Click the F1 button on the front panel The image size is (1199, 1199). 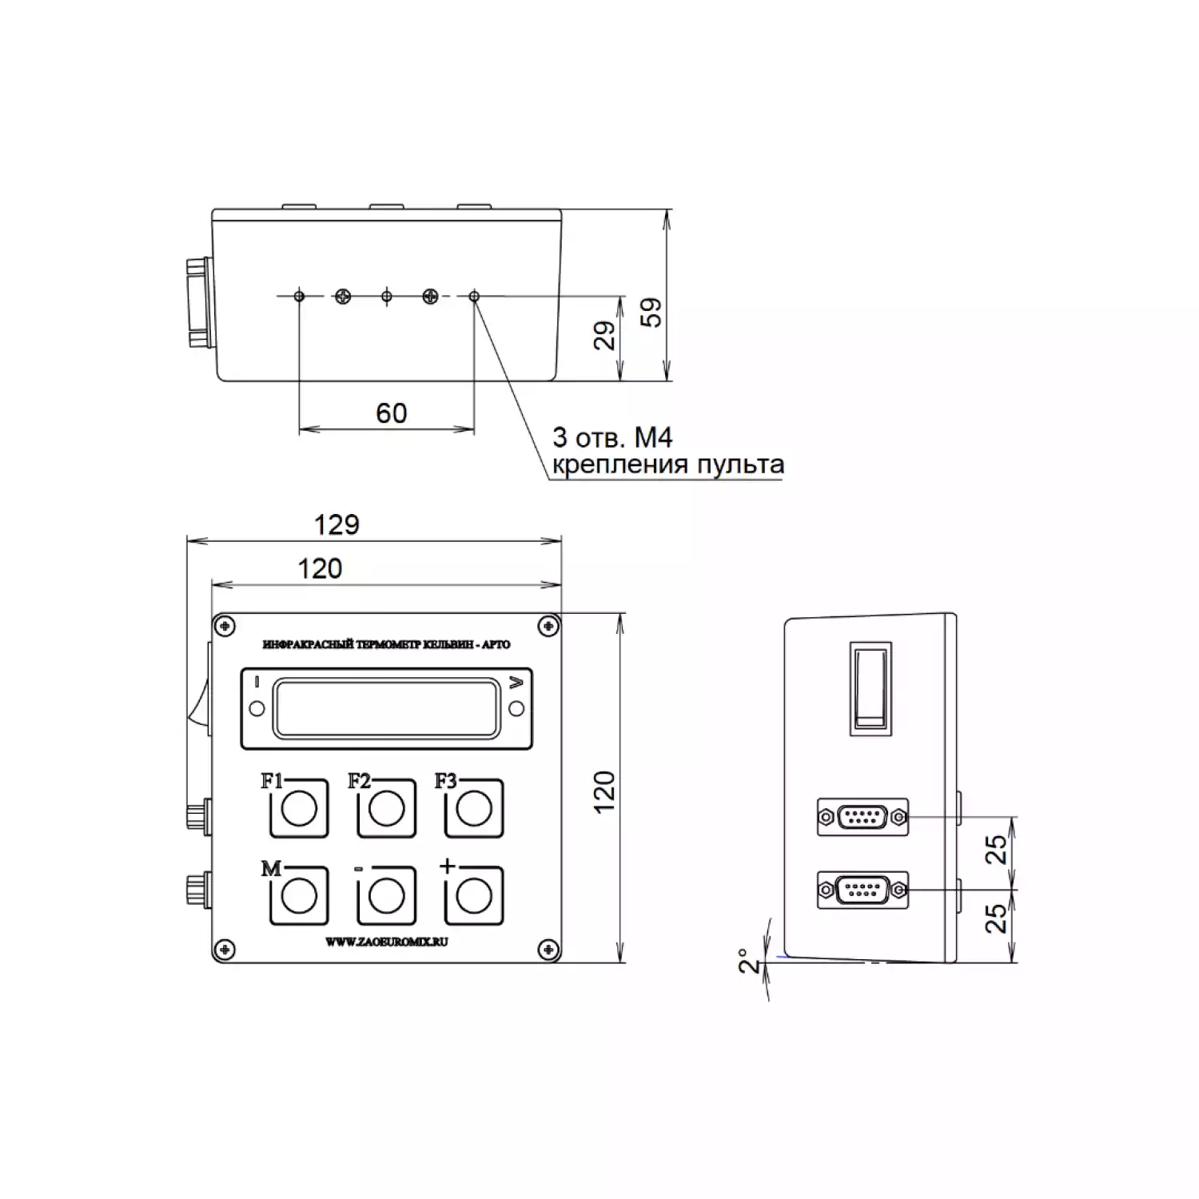[299, 808]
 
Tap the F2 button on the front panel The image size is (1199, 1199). [386, 808]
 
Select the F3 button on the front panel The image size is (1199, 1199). [473, 808]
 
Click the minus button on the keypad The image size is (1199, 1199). [386, 896]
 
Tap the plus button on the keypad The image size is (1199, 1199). [473, 896]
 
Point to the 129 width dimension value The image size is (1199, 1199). [337, 524]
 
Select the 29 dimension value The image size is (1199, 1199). [605, 335]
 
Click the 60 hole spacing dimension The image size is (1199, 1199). [392, 413]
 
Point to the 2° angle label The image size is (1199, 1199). [747, 960]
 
